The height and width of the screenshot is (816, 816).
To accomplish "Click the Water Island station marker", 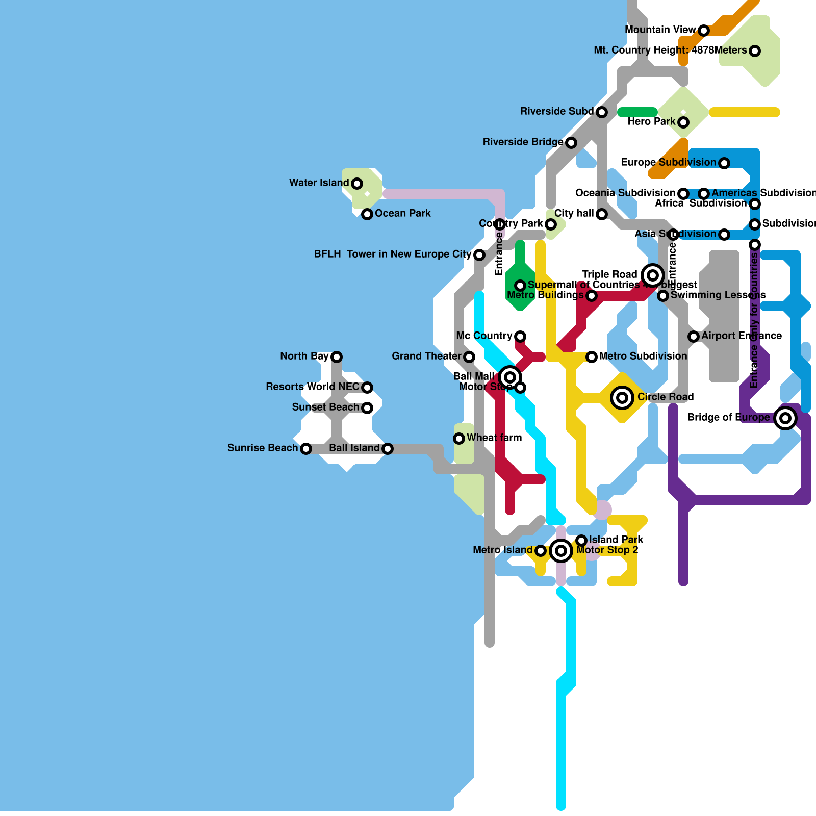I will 357,184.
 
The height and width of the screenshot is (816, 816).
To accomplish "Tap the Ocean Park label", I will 402,214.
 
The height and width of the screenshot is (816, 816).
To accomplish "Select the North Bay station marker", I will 337,357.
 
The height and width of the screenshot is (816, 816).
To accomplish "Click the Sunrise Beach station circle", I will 306,449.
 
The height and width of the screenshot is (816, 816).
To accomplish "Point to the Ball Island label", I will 354,448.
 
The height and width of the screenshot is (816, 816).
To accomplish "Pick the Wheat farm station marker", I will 459,439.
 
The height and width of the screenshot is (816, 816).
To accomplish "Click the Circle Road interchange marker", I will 622,398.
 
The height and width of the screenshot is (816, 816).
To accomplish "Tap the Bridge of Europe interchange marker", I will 785,418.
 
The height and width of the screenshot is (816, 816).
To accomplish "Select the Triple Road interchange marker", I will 653,275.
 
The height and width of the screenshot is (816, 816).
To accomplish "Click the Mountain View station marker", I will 704,31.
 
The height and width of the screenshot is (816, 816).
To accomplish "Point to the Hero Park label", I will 651,122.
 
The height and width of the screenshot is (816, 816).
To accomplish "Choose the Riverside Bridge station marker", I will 571,143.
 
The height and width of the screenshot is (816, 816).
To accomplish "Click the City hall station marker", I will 602,214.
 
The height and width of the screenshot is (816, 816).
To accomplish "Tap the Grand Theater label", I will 426,356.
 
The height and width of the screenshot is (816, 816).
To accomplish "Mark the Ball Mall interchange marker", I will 510,377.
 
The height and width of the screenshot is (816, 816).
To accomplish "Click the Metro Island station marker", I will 541,551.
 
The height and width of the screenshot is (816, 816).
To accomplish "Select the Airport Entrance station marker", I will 694,337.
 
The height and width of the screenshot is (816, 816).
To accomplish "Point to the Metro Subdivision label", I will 643,356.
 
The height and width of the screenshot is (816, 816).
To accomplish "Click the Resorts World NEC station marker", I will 367,388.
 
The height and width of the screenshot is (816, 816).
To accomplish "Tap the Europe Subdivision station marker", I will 724,163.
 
